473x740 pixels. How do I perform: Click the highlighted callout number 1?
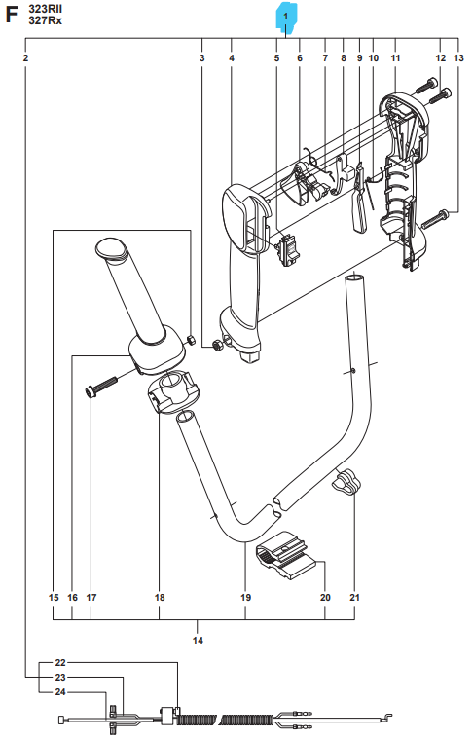[285, 17]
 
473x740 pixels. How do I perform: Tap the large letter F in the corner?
[11, 16]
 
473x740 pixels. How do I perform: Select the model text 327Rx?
[45, 20]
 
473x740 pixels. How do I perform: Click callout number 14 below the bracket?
[198, 640]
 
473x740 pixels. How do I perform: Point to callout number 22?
[60, 663]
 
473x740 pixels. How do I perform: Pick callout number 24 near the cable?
[60, 692]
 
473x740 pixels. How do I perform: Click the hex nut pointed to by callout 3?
[217, 345]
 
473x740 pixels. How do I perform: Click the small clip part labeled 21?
[346, 480]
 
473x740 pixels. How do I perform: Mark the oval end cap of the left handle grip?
[111, 248]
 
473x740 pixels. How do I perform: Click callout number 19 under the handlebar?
[245, 598]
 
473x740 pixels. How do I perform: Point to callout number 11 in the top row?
[395, 58]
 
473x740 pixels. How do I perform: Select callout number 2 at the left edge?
[25, 58]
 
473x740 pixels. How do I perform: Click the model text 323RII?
[45, 9]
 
